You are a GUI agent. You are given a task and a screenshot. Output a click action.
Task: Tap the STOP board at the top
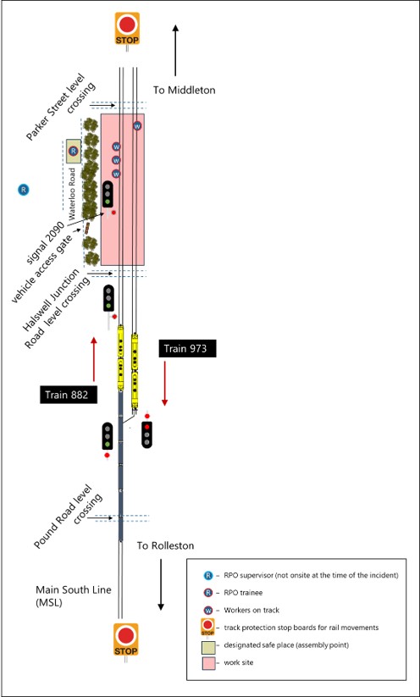point(128,28)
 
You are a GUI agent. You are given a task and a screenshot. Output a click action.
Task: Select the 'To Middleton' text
point(185,90)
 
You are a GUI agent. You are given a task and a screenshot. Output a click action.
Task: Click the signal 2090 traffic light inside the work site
point(108,195)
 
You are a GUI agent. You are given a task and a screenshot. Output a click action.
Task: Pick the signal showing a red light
point(147,434)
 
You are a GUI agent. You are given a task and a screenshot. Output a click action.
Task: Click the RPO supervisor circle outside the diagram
point(24,189)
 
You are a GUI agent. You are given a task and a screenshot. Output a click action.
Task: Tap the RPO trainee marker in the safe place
point(73,152)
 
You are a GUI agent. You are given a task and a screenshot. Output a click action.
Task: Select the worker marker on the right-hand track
point(137,126)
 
